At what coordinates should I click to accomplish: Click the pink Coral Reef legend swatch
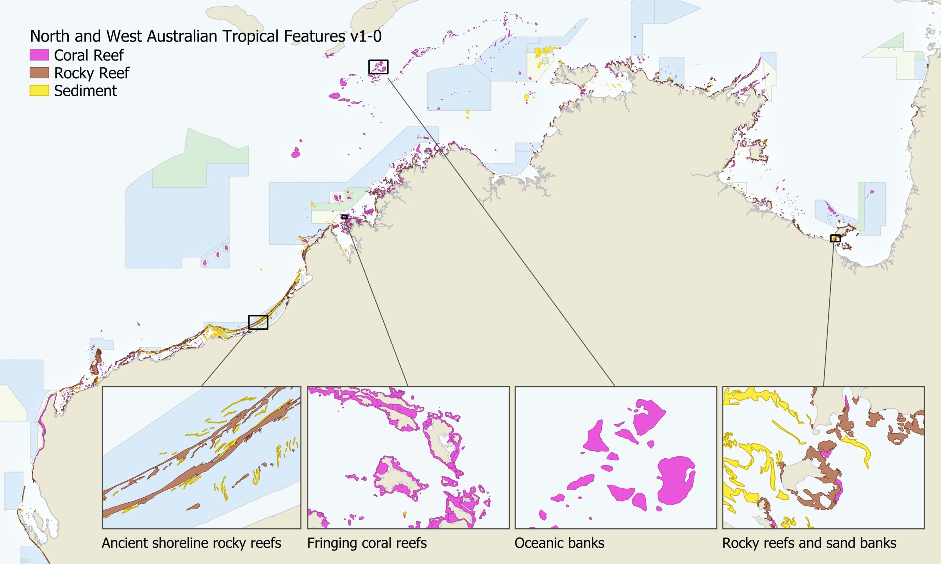click(39, 55)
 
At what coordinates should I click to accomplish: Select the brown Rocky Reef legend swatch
click(39, 73)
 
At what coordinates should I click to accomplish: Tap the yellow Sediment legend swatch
click(39, 90)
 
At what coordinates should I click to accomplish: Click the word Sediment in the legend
click(85, 91)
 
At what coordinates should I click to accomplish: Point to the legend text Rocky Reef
click(91, 73)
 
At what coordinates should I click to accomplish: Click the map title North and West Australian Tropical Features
click(205, 36)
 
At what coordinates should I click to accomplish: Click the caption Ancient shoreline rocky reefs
click(191, 543)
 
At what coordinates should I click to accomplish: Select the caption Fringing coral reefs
click(367, 543)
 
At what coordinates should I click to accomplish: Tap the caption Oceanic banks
click(559, 543)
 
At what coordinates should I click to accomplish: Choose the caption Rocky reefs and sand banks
click(809, 543)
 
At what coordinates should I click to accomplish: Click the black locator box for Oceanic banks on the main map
click(378, 67)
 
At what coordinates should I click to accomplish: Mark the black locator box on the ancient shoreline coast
click(258, 322)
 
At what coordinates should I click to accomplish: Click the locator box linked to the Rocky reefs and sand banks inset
click(835, 238)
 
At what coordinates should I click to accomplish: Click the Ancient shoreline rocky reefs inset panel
click(201, 457)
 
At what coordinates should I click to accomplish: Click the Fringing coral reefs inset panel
click(408, 457)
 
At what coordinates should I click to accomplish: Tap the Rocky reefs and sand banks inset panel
click(823, 457)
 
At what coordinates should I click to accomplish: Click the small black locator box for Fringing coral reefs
click(344, 217)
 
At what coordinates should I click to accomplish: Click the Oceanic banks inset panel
click(615, 457)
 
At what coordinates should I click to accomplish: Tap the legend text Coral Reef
click(89, 55)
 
